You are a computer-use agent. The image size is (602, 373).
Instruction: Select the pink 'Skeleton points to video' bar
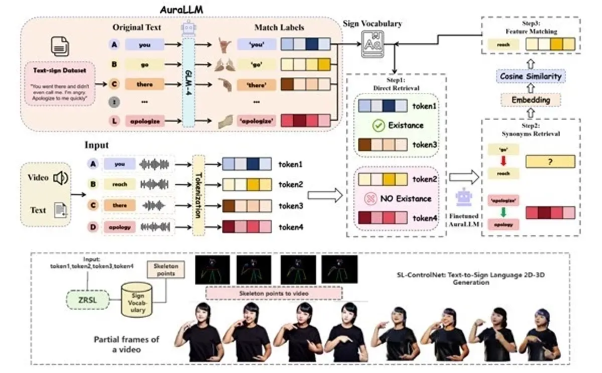point(274,293)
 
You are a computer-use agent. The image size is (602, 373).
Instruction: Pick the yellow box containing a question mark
point(549,161)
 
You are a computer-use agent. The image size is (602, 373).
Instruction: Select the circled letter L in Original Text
point(115,121)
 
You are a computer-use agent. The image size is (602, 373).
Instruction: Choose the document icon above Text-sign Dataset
point(57,48)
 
